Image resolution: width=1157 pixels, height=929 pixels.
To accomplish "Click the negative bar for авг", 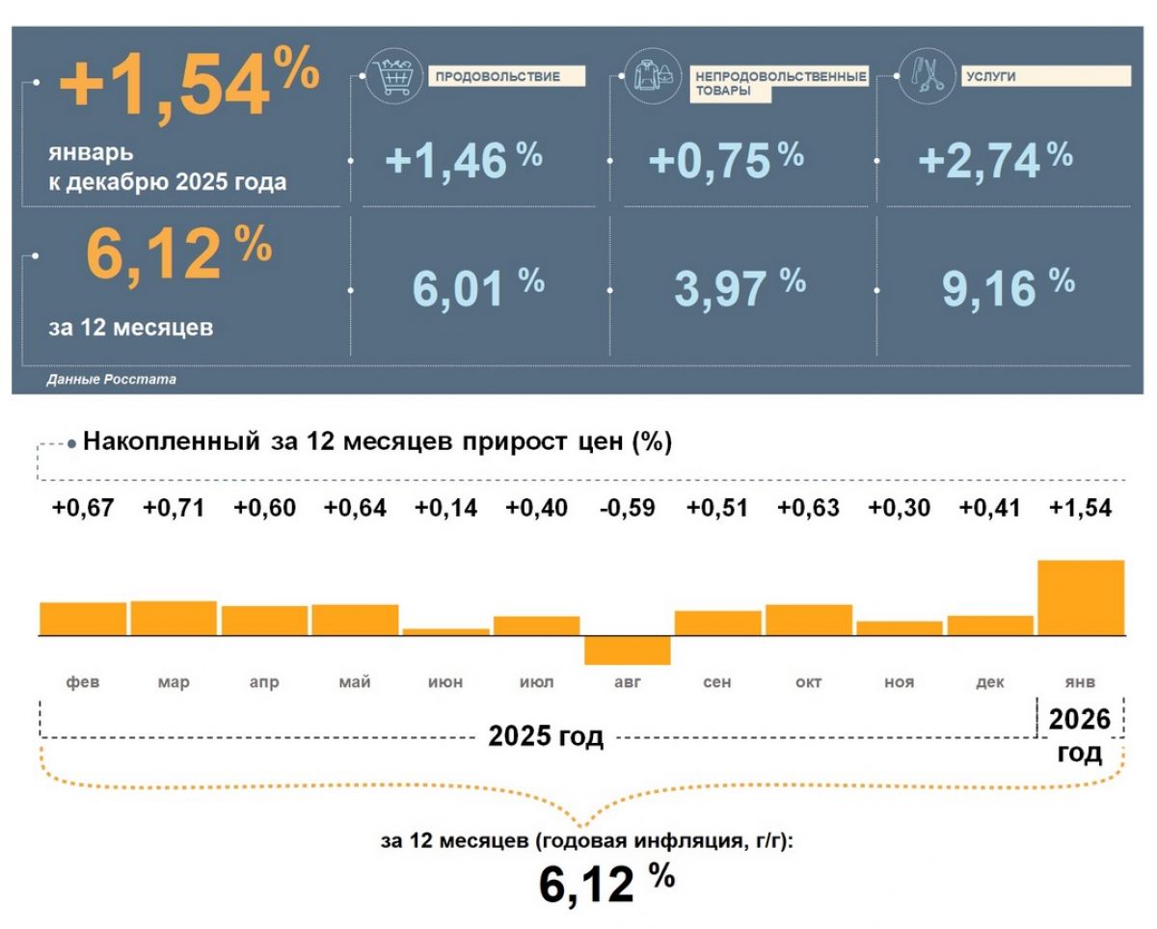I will (628, 650).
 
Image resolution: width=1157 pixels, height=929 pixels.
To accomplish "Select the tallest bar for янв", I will (1081, 597).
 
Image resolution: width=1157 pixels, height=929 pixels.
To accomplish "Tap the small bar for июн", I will (445, 632).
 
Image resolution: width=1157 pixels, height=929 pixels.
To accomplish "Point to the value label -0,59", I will (627, 508).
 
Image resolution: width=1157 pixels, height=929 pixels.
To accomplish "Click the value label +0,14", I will (445, 508).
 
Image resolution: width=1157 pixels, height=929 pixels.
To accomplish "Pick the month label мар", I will (174, 682).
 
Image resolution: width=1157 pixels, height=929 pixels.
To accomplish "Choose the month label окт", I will (808, 682).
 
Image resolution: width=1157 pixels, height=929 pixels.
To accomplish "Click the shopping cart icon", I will (391, 78).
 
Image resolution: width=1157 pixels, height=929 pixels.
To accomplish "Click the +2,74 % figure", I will (994, 161).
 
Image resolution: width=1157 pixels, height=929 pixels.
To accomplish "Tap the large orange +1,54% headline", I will (188, 85).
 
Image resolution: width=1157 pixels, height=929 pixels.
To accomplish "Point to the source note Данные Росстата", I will (111, 380).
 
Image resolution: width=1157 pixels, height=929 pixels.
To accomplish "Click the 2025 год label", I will (546, 737).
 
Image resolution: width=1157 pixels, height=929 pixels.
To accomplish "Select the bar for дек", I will (990, 625).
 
